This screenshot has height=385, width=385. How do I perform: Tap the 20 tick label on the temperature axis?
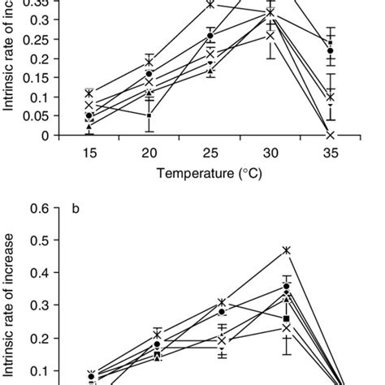pos(149,153)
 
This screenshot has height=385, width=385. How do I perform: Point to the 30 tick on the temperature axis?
pos(270,153)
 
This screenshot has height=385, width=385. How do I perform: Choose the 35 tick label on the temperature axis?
pos(331,153)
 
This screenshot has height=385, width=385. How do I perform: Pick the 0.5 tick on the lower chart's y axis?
pos(38,240)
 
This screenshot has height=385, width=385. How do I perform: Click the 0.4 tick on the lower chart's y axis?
pos(38,273)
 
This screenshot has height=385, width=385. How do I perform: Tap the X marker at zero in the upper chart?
pos(331,135)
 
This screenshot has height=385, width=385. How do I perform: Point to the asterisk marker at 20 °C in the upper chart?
pos(149,62)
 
